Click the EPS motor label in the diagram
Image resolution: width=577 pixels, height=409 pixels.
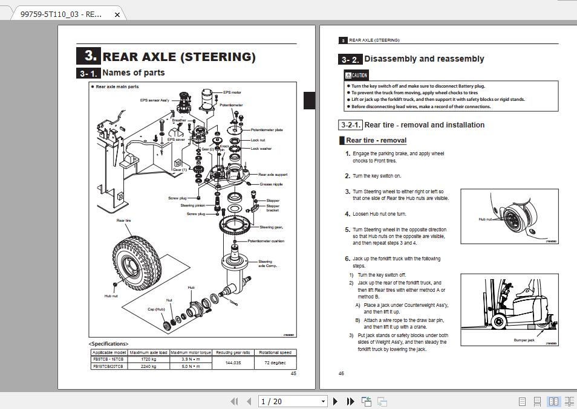coord(232,92)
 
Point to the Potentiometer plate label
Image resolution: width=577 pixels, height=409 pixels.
coord(267,130)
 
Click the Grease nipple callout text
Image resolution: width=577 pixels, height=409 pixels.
coord(271,184)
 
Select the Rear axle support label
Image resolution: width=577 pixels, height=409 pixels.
coord(273,175)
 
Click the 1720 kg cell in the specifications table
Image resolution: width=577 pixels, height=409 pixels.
coord(148,359)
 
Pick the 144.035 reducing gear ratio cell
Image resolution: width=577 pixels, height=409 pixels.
coord(233,362)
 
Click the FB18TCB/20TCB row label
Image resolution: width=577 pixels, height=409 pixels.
coord(108,366)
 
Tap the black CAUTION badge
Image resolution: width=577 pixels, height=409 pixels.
coord(356,76)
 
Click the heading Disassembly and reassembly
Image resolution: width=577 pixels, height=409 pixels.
coord(424,59)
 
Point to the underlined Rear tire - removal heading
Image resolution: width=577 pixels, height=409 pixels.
coord(376,140)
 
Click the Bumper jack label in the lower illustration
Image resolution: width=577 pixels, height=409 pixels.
coord(524,340)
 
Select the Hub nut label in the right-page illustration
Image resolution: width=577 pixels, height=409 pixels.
coord(486,219)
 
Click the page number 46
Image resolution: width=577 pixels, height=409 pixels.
coord(341,373)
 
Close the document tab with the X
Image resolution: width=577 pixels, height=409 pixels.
coord(117,14)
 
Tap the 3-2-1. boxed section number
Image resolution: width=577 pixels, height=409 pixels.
coord(350,125)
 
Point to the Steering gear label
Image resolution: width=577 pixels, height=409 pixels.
coord(272,227)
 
